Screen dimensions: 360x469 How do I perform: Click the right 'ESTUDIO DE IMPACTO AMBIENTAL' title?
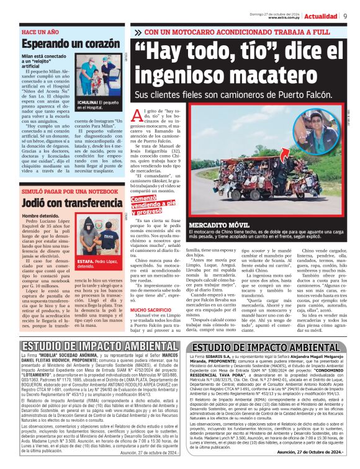(x=270, y=347)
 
